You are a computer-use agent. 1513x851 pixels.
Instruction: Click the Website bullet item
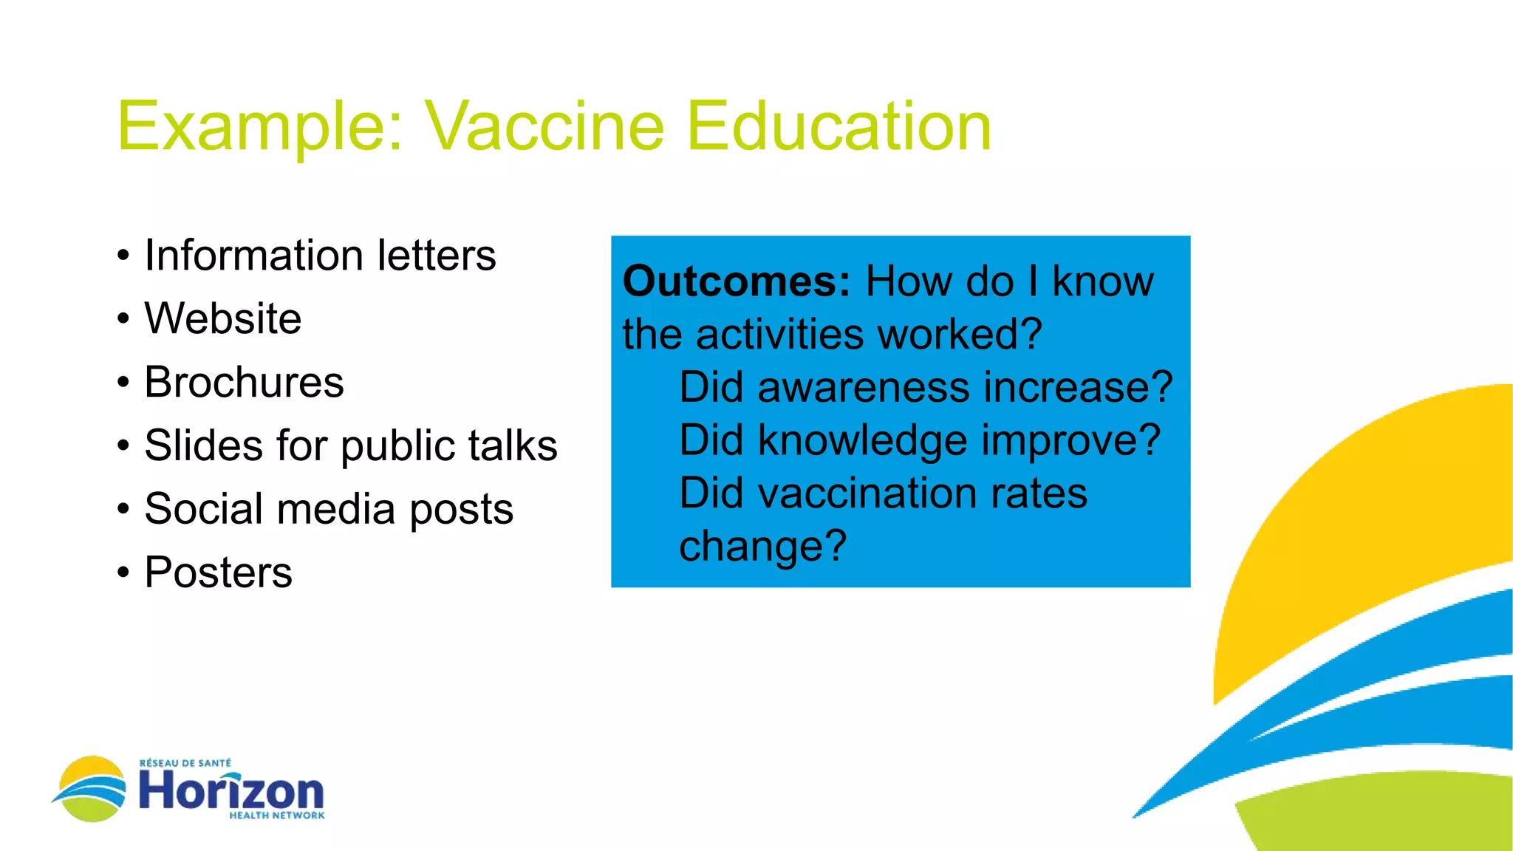pyautogui.click(x=222, y=318)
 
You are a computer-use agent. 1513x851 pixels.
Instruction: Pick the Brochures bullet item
pyautogui.click(x=244, y=382)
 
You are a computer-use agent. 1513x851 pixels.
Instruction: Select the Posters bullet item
pyautogui.click(x=218, y=573)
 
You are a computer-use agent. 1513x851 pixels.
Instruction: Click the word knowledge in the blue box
pyautogui.click(x=862, y=440)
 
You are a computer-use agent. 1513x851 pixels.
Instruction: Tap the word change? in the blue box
pyautogui.click(x=762, y=547)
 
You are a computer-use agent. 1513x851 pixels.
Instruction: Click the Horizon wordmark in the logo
pyautogui.click(x=231, y=790)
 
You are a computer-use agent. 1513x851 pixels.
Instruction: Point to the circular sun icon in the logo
pyautogui.click(x=92, y=789)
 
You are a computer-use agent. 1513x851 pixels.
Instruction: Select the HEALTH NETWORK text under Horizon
pyautogui.click(x=276, y=816)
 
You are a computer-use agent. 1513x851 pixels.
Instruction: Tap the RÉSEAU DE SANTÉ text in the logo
pyautogui.click(x=185, y=763)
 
